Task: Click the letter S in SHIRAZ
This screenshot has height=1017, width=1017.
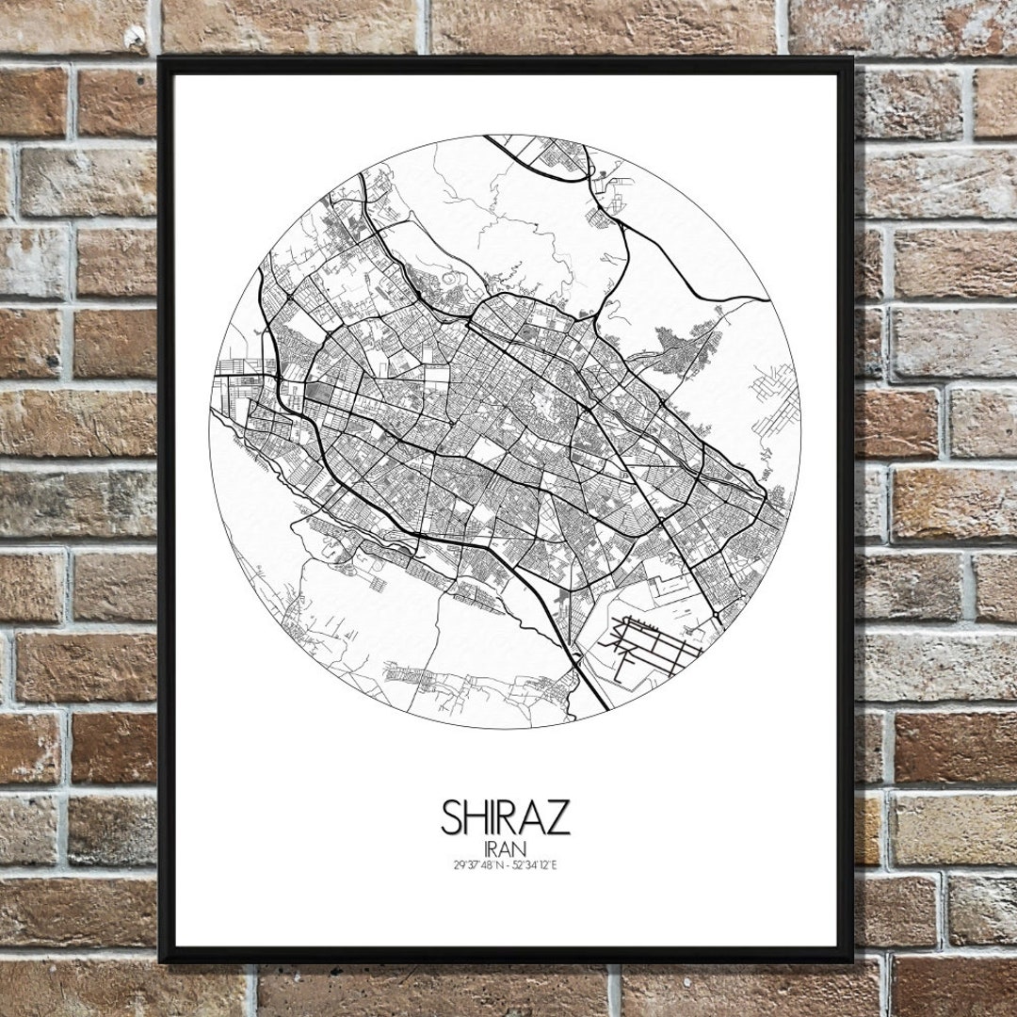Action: pos(454,817)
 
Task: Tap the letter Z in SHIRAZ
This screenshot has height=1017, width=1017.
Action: pos(558,817)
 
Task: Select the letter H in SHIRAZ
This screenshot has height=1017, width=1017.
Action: pos(477,817)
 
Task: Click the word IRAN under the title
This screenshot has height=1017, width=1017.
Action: pos(506,848)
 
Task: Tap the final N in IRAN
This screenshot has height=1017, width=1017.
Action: pos(523,848)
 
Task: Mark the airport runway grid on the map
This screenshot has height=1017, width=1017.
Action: pos(659,647)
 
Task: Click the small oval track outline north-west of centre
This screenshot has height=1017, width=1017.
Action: pos(450,281)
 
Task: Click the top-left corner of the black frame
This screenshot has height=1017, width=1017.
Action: pos(163,60)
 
